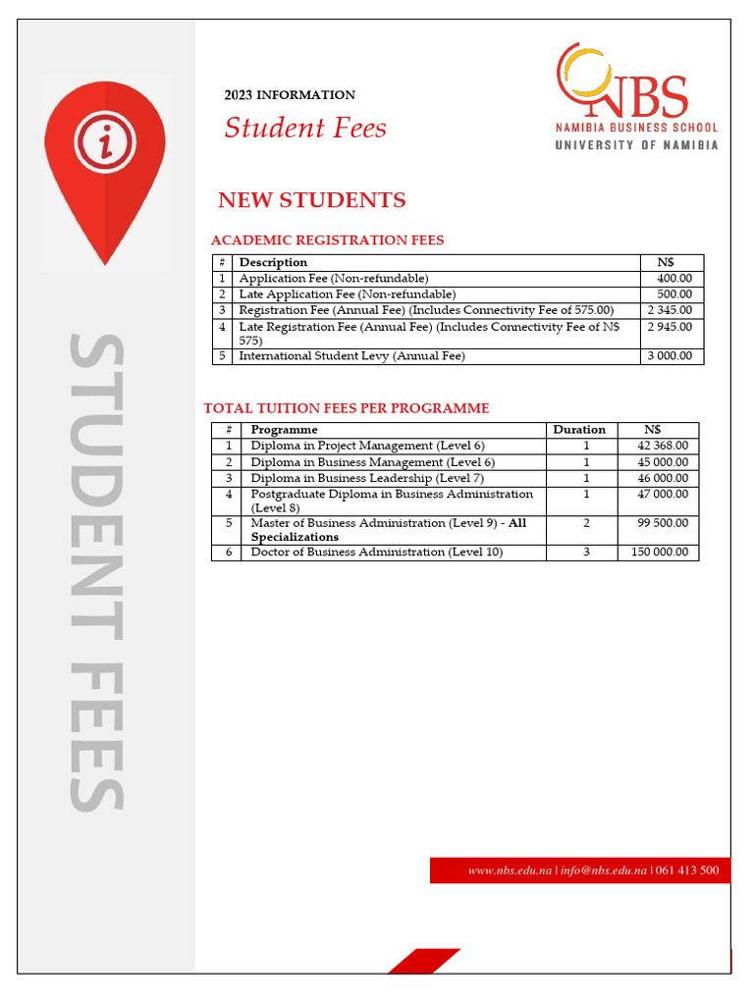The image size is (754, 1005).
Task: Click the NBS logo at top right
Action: [636, 96]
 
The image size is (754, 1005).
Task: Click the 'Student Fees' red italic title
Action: [305, 128]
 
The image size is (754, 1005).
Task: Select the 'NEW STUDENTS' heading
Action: [311, 200]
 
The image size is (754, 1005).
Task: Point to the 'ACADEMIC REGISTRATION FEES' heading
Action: [328, 239]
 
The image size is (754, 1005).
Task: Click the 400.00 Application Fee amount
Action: [673, 279]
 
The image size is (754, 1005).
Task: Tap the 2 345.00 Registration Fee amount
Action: [670, 310]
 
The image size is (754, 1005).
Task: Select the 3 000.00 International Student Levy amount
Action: [670, 356]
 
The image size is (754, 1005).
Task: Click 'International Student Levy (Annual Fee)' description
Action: [351, 356]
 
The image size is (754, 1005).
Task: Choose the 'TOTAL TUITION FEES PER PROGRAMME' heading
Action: [346, 408]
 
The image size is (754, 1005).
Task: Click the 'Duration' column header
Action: [579, 430]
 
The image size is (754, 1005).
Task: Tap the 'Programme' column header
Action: [284, 430]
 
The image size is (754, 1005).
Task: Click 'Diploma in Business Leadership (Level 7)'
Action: [367, 478]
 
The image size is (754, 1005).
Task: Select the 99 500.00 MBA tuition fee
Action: [663, 523]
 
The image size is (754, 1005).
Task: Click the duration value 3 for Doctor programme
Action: [586, 553]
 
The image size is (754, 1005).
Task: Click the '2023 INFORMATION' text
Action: [290, 95]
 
